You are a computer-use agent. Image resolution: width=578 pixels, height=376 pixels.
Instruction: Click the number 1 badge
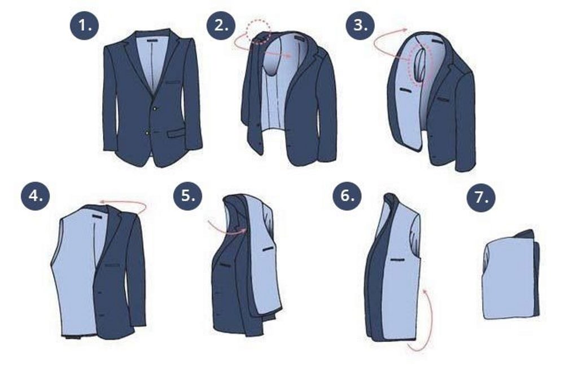tap(85, 25)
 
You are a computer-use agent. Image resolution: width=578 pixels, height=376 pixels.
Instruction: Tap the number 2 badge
tap(221, 25)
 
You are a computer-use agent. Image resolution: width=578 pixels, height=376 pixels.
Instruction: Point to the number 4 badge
tap(36, 196)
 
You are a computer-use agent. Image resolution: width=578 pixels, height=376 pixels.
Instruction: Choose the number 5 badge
tap(188, 196)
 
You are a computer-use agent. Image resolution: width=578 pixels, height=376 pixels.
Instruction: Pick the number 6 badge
tap(347, 196)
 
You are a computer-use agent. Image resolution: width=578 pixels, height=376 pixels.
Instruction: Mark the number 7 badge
tap(481, 197)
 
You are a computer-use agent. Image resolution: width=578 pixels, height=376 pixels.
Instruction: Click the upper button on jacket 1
tap(155, 108)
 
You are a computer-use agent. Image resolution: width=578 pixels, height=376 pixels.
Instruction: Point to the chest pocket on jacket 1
tap(173, 82)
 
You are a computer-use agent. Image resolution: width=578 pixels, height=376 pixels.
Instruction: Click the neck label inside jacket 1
tap(152, 40)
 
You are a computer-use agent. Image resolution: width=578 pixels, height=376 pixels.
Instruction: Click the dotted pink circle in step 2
tap(259, 32)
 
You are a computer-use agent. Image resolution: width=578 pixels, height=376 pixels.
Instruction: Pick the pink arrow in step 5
tap(227, 228)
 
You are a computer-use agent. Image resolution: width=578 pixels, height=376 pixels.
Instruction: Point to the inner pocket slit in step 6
tap(397, 260)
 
